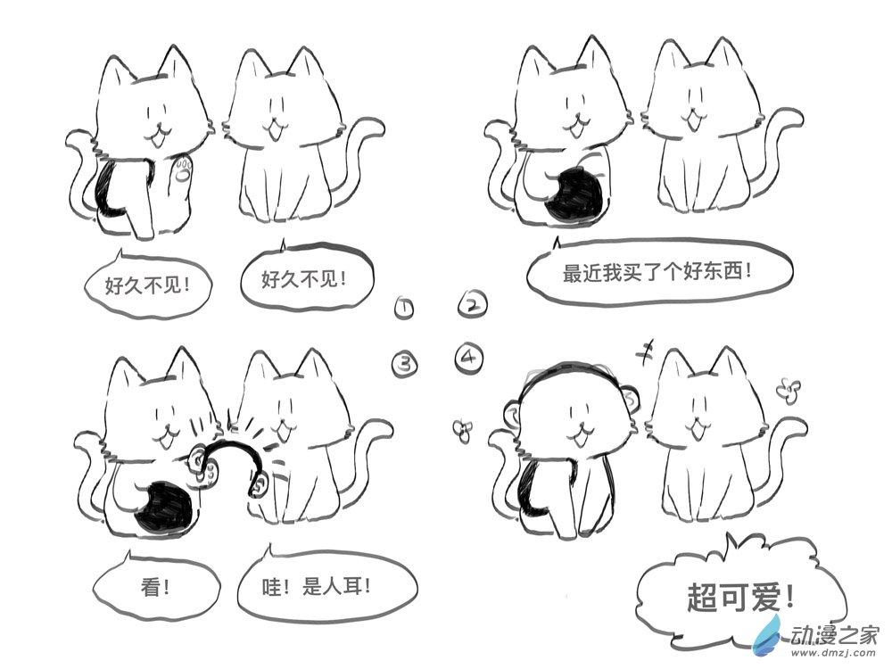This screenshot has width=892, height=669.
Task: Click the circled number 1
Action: point(403,307)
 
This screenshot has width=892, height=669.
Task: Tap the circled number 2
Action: point(473,304)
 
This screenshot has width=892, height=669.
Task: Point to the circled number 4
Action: point(469,358)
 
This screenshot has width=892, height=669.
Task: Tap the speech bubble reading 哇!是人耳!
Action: point(326,586)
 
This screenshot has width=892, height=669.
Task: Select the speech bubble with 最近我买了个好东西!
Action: point(659,270)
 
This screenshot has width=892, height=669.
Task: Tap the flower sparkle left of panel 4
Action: point(462,431)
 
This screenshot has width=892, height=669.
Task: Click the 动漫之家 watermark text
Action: point(836,632)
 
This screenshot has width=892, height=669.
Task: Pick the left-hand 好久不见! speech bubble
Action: point(147,284)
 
